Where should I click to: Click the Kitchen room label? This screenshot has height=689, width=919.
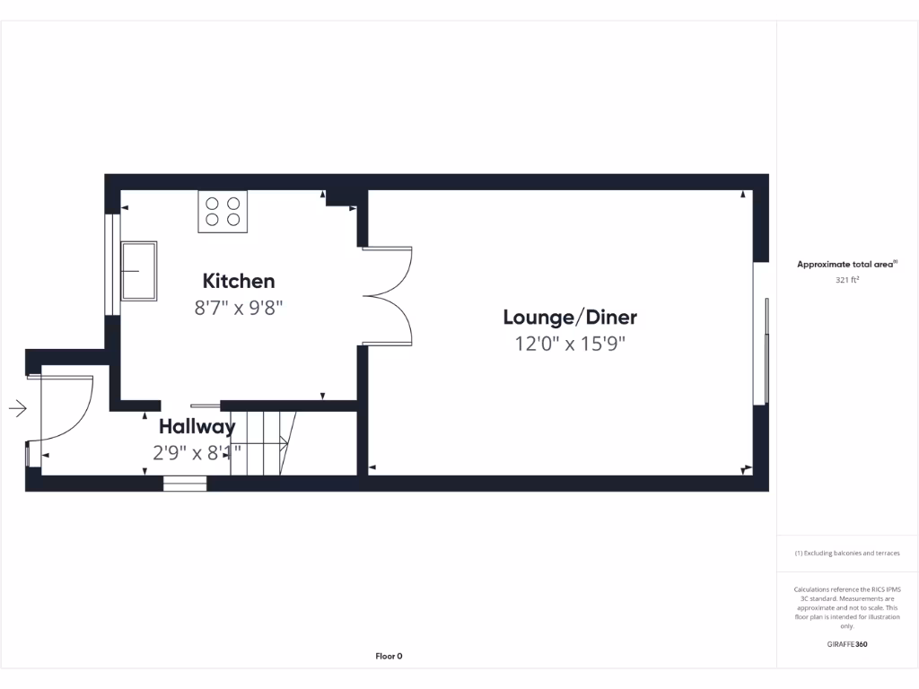239,281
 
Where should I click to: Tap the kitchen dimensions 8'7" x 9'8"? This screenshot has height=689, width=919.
239,308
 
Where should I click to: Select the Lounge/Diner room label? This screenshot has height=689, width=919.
570,317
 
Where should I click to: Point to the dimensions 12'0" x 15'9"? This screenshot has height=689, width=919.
570,343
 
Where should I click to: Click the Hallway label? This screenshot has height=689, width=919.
197,426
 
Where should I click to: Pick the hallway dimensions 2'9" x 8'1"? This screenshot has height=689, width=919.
197,453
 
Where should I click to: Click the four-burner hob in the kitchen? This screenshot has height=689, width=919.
223,212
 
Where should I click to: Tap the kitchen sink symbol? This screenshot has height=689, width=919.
139,270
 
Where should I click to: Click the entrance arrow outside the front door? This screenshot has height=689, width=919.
18,409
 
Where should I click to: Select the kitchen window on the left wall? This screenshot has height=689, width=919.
110,265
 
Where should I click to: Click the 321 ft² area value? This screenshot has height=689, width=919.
847,280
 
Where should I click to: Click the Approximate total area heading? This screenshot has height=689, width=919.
846,265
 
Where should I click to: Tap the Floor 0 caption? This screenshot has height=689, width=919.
389,656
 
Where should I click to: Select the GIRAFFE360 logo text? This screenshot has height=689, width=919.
847,644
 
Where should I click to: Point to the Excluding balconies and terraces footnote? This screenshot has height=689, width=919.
847,554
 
